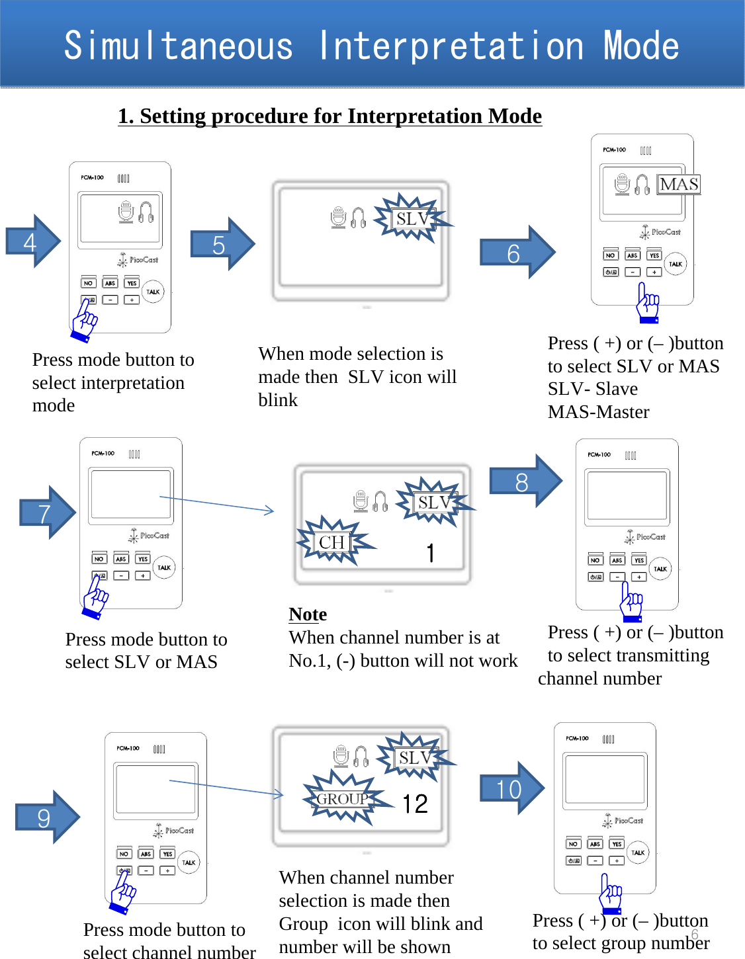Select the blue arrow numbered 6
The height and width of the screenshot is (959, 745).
click(x=517, y=252)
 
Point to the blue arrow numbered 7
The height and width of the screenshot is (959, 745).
click(x=48, y=513)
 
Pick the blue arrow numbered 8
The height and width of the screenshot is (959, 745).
click(x=525, y=481)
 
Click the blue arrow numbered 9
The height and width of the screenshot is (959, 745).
click(x=47, y=817)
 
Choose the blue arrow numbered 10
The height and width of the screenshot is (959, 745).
click(x=511, y=788)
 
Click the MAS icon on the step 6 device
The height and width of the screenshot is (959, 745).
click(x=679, y=184)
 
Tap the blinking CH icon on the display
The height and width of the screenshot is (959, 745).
click(x=332, y=542)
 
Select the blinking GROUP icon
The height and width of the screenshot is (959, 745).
click(x=343, y=798)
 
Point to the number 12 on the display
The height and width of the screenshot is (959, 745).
click(x=415, y=804)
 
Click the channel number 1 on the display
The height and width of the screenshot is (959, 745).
click(x=431, y=552)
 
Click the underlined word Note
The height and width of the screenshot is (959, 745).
click(x=308, y=614)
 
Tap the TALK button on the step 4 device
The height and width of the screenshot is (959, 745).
click(x=153, y=292)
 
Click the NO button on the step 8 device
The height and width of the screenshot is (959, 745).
click(x=595, y=560)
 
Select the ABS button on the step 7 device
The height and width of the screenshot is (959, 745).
click(x=120, y=559)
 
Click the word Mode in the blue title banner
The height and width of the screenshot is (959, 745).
click(x=640, y=46)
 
